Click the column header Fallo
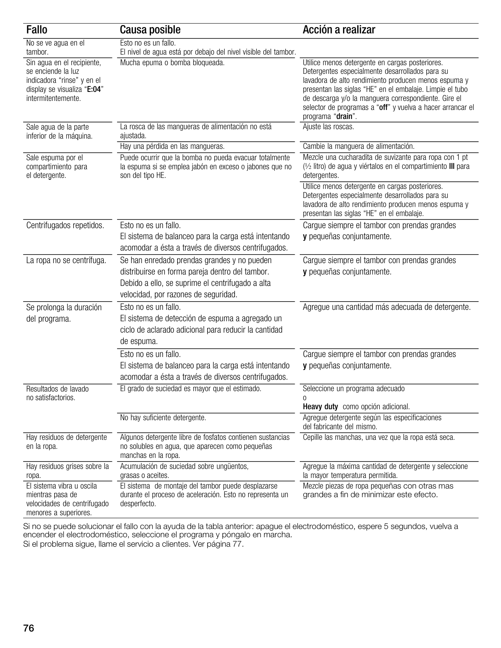point(37,30)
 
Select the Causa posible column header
point(150,30)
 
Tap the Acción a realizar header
point(339,30)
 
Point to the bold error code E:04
point(94,90)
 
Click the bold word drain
point(345,117)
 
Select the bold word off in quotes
point(383,108)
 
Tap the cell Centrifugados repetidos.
point(65,225)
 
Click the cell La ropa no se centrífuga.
point(66,260)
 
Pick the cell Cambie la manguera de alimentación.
point(358,146)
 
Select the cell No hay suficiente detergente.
point(163,417)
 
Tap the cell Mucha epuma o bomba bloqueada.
point(172,62)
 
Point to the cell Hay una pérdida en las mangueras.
point(172,146)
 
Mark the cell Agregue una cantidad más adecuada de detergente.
point(387,307)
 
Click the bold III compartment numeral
point(451,167)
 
